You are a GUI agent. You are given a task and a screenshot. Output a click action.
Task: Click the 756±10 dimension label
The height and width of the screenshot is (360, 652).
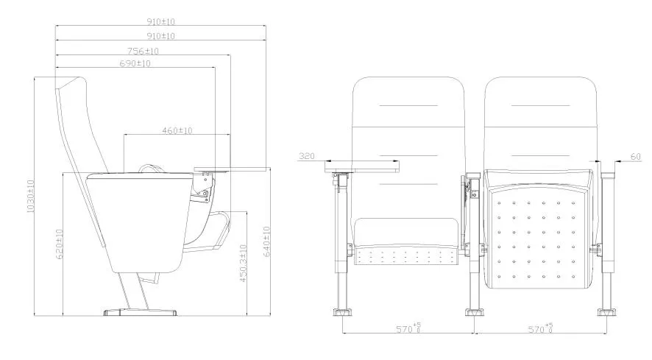143,51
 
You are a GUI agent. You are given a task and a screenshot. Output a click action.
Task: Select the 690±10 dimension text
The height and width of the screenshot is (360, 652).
135,64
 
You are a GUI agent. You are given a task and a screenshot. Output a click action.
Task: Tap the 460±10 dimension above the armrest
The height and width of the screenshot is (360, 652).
177,130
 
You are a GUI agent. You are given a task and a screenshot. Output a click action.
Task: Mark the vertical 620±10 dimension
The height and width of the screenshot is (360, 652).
58,244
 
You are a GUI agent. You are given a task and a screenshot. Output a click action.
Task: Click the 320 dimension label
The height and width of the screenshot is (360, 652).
307,156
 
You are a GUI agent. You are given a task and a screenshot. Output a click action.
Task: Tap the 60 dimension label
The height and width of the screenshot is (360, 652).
636,156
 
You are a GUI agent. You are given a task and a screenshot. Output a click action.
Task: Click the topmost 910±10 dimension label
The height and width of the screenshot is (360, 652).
161,23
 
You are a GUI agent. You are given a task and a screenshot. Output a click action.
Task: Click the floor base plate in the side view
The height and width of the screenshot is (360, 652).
141,311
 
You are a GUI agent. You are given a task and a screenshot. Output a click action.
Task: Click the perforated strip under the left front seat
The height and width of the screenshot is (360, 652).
408,256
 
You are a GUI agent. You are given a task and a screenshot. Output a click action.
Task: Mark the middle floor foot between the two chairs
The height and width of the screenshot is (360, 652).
473,310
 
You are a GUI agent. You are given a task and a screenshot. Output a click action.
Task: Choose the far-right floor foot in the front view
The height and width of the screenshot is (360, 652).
607,310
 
